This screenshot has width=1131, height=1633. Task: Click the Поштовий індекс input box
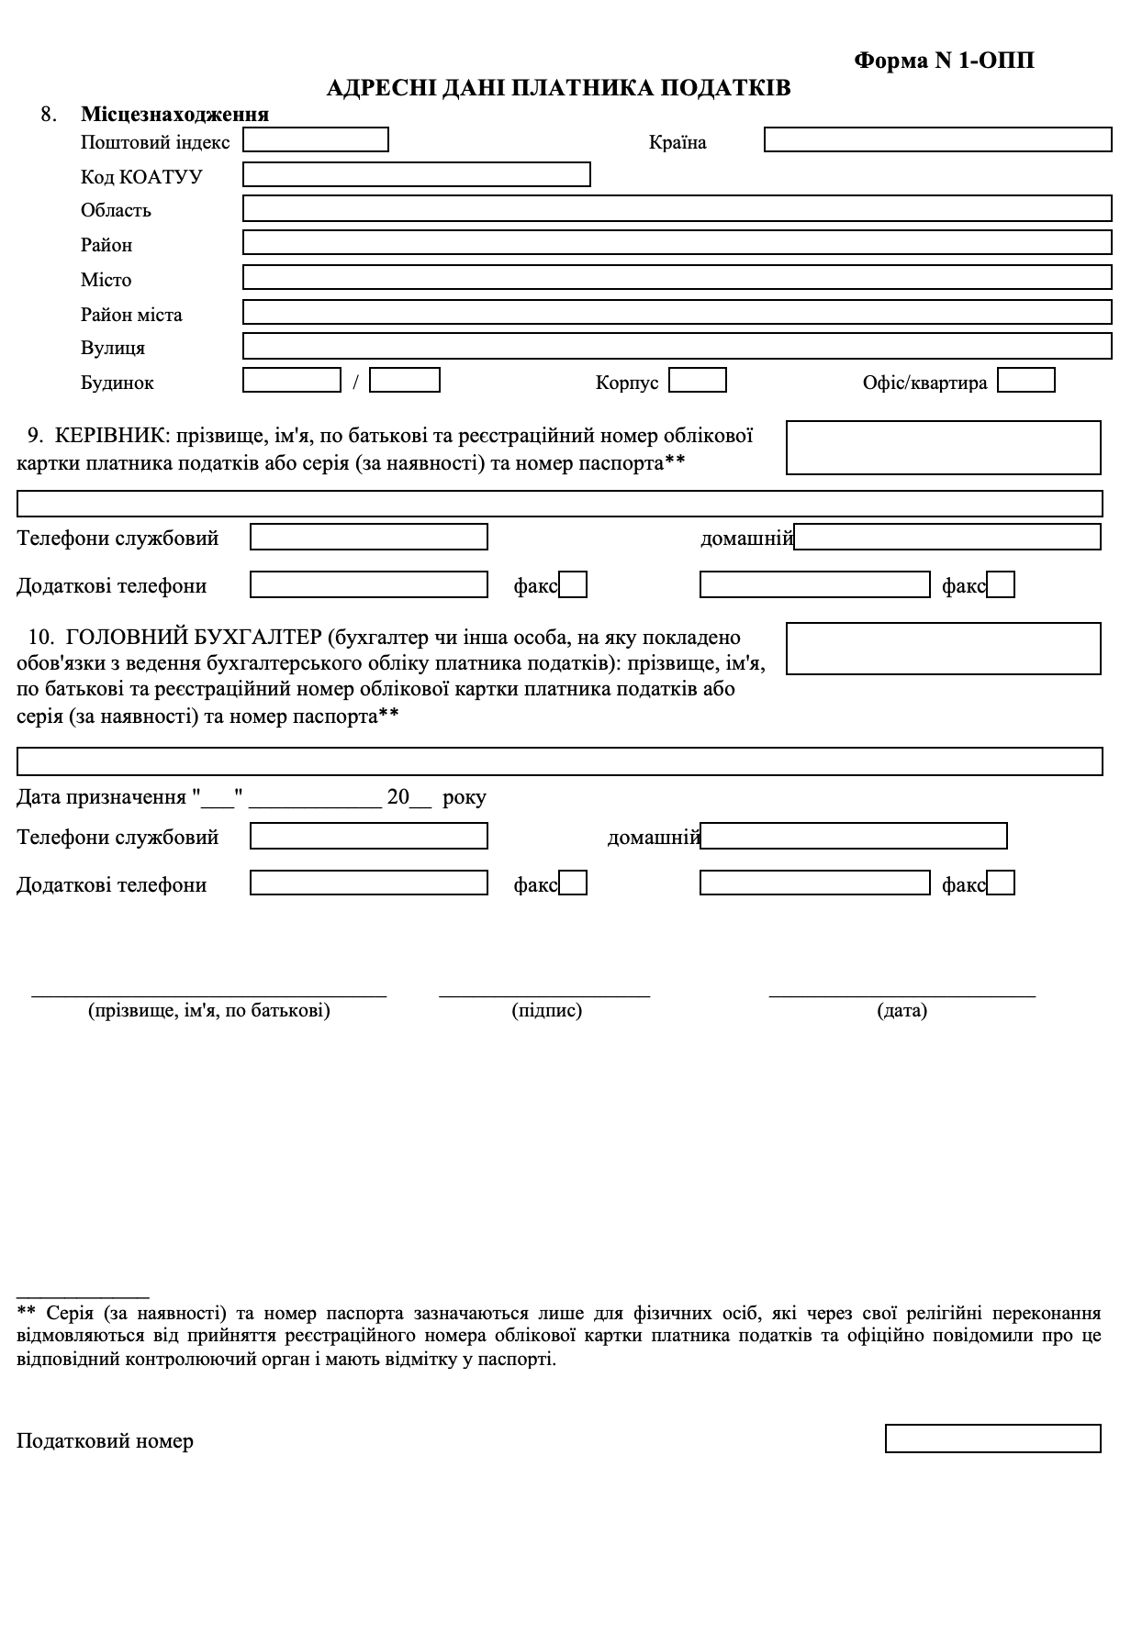316,140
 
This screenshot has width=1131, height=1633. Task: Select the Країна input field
937,140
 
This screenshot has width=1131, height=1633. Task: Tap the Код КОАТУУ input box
416,174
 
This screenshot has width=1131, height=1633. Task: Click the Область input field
677,208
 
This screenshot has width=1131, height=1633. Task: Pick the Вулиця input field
677,346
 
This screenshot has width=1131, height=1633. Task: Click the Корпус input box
698,380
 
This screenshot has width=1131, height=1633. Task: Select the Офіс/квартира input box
1025,380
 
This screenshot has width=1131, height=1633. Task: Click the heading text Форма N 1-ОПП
944,61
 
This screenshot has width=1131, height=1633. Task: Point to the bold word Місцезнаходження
174,115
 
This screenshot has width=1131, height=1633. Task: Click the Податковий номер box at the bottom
992,1439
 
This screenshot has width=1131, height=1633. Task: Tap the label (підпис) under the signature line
546,1011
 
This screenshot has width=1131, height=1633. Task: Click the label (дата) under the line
901,1011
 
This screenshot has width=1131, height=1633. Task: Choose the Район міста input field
677,312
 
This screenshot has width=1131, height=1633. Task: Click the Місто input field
677,277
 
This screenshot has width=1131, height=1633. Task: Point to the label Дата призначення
101,797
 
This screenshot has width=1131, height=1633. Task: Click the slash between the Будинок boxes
356,382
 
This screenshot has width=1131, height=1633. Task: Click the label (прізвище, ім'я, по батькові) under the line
209,1011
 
